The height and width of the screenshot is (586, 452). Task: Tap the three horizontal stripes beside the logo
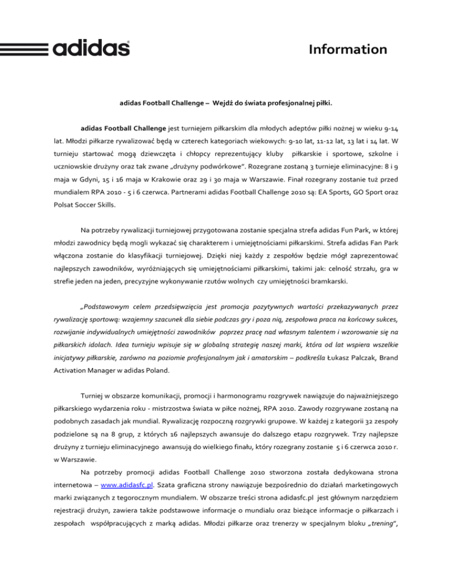click(26, 47)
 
